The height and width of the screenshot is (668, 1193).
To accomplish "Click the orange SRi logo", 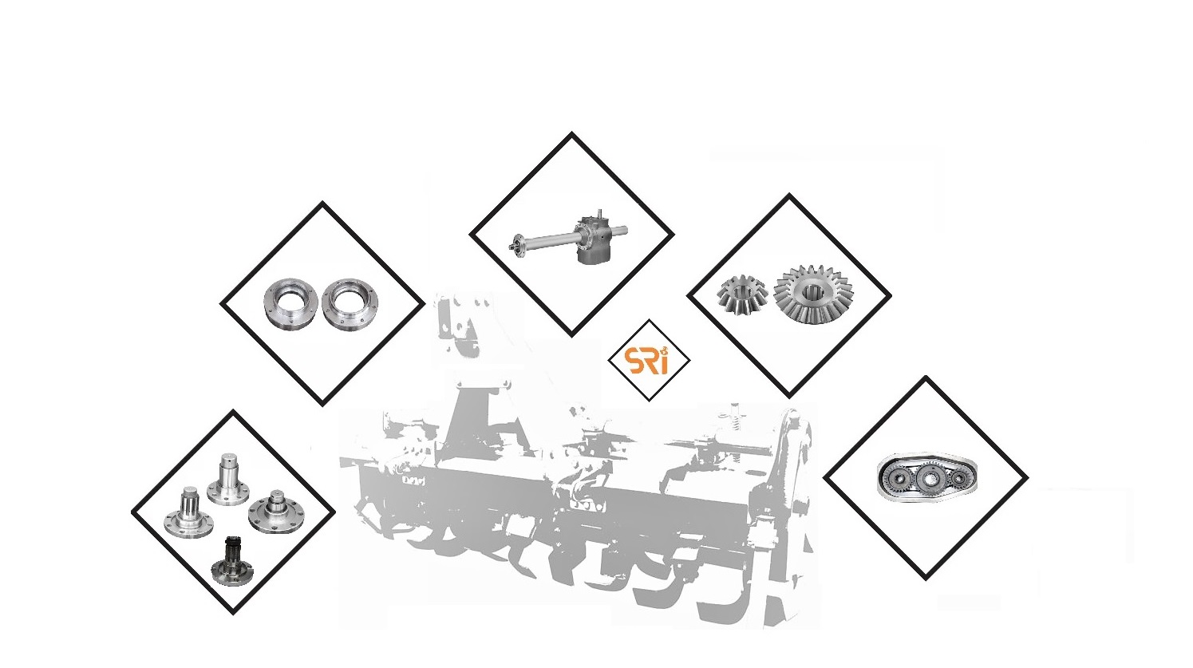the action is point(649,362).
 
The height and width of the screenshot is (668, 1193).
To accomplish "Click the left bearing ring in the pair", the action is point(290,302).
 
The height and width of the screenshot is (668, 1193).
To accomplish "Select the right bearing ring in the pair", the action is point(350,303).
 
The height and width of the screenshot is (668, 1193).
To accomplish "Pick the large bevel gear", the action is point(812,294).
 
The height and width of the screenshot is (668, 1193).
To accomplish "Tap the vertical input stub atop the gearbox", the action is point(600,213).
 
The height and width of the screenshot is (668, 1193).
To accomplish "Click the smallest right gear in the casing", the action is point(959,478).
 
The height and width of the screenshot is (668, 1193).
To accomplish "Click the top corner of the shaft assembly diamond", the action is point(571,133).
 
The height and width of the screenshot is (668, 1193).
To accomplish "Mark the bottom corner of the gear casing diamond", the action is point(926,579).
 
